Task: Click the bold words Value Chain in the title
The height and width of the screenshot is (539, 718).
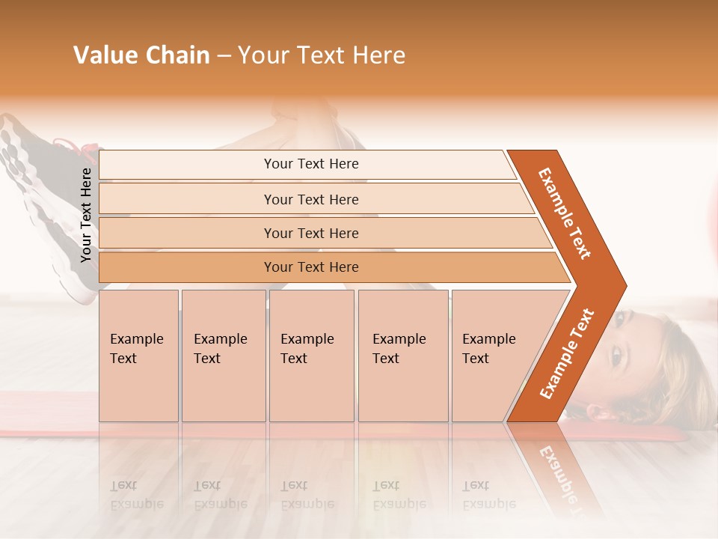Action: [x=141, y=55]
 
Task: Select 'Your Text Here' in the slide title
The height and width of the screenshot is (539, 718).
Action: [x=322, y=55]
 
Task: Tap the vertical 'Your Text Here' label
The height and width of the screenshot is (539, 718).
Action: [x=86, y=215]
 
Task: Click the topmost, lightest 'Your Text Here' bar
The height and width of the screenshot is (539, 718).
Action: [x=311, y=164]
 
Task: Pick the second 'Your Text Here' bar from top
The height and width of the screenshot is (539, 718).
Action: [x=311, y=199]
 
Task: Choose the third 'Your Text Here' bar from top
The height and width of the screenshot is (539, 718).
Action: [x=311, y=233]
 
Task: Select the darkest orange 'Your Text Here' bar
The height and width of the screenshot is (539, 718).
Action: [x=311, y=267]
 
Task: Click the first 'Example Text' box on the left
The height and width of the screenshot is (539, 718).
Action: [x=138, y=355]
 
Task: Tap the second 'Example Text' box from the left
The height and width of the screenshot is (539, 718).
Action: [x=223, y=355]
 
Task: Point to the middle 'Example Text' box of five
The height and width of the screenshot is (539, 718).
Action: [x=311, y=355]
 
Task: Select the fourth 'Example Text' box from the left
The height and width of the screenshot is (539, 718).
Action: [x=403, y=355]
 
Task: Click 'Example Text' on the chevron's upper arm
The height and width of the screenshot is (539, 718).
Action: [x=565, y=213]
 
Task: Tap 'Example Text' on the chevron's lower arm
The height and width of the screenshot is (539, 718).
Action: [x=567, y=354]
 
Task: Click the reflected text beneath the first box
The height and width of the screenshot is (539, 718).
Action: [x=137, y=495]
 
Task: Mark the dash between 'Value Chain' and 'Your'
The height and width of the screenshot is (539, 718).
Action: [x=224, y=56]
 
